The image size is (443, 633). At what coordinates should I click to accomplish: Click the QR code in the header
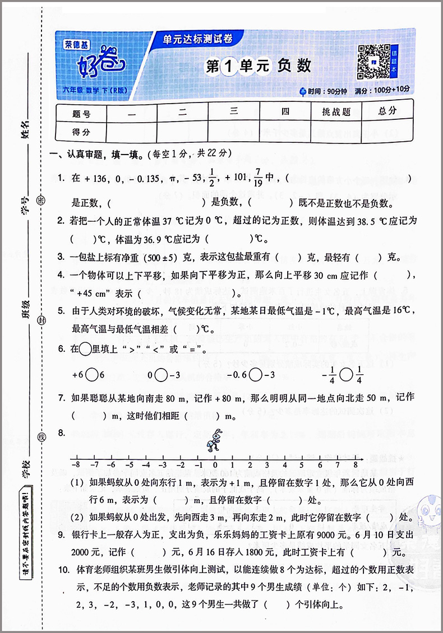pyautogui.click(x=373, y=60)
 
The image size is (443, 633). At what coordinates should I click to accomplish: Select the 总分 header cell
pyautogui.click(x=387, y=111)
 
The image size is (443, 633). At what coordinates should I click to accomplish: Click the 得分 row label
pyautogui.click(x=81, y=132)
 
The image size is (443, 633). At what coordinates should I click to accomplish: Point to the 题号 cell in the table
pyautogui.click(x=81, y=113)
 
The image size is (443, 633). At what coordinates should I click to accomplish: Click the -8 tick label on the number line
pyautogui.click(x=76, y=464)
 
